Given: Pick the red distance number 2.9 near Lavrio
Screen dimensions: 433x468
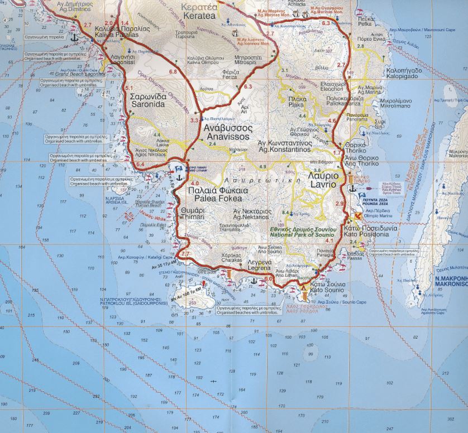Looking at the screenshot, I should (x=340, y=204).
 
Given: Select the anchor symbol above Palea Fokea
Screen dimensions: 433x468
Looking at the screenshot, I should (x=180, y=177).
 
